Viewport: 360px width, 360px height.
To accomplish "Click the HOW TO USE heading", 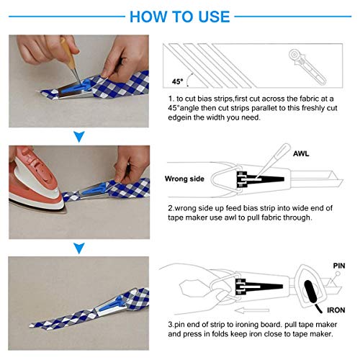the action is pos(180,17).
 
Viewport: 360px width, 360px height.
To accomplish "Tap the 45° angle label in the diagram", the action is pos(178,81).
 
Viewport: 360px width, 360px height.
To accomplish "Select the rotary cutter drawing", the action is pos(307,66).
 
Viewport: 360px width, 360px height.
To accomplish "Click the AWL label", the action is pos(301,153).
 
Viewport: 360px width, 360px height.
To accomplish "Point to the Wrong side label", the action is pos(184,179).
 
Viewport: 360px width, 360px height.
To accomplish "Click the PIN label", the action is pos(339,266).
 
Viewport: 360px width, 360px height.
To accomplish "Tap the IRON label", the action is pos(336,310).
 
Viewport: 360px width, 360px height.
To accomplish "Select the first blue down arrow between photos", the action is pos(79,137).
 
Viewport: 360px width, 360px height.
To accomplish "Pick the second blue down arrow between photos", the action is pos(79,248).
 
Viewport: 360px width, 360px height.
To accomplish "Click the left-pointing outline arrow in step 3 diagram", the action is pos(252,311).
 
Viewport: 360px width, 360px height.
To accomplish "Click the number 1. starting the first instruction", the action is pos(171,99).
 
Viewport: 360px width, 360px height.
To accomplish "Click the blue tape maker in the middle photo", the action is pos(96,189).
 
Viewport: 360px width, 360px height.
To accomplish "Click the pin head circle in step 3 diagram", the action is pos(338,274).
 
